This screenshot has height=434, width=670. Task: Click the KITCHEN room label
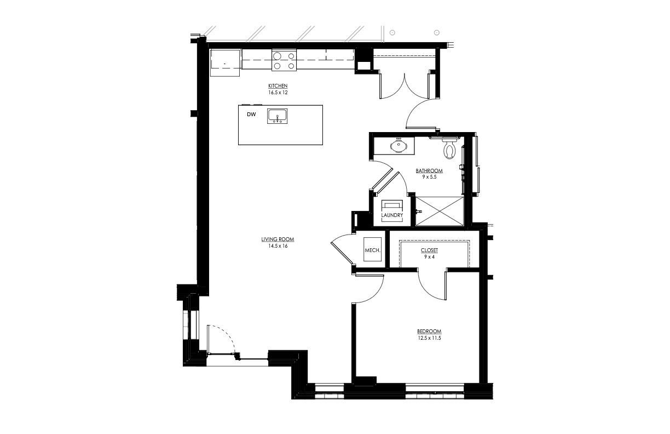pos(278,87)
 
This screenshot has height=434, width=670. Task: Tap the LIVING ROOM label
pos(278,239)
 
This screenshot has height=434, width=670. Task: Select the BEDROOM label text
pos(429,332)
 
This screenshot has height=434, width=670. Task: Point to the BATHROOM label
pos(429,171)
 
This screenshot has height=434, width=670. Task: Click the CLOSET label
pos(429,250)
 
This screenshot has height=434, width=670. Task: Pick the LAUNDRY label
pos(392,215)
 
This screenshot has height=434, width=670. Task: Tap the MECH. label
pos(372,250)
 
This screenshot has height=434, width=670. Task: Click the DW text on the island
pos(251,115)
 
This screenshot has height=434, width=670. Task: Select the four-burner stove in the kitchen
pos(284,60)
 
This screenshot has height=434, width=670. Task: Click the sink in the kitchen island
pos(278,116)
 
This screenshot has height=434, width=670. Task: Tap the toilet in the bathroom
pos(450,149)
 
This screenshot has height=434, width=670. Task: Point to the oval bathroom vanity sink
pos(398,146)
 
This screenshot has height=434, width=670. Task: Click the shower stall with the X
pos(440,210)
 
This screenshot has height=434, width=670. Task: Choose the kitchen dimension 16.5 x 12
pos(278,93)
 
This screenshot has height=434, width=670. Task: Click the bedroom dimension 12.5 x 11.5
pos(429,338)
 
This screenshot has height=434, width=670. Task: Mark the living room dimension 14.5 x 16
pos(278,246)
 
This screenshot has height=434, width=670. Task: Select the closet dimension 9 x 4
pos(429,256)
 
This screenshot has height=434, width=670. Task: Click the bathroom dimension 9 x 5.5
pos(429,177)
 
